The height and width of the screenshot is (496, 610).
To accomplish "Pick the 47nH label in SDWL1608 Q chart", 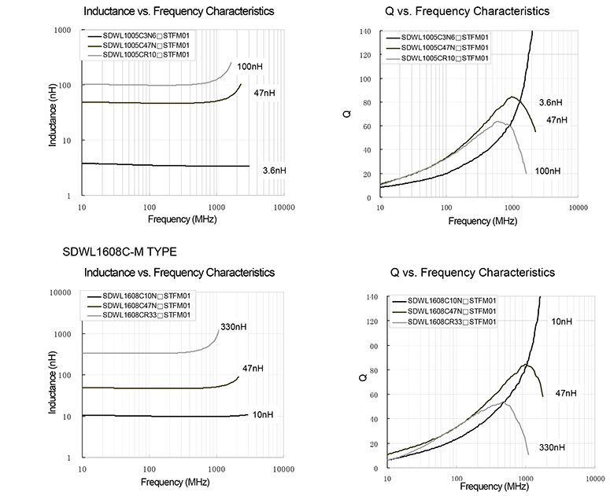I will coord(567,392).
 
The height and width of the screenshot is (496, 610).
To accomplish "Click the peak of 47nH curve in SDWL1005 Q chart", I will coord(512,97).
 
